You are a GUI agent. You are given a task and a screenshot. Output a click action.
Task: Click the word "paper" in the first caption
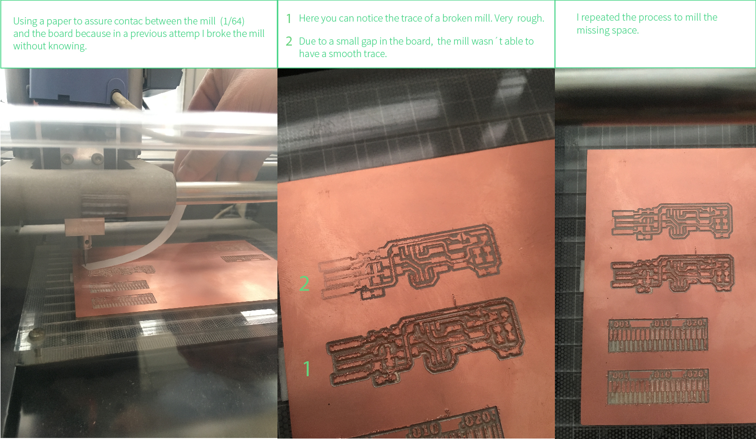coord(59,22)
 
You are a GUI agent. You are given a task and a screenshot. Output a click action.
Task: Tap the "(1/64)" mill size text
coord(232,21)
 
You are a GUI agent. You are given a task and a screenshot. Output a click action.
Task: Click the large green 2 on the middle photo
coord(304,284)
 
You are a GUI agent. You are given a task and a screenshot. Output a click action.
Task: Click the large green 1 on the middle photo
coord(307,368)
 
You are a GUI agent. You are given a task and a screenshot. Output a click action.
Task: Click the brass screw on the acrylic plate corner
coord(37,336)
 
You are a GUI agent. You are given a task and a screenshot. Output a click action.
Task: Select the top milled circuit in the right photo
coord(672,221)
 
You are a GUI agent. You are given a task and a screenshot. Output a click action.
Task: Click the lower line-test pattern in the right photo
coord(658,387)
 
